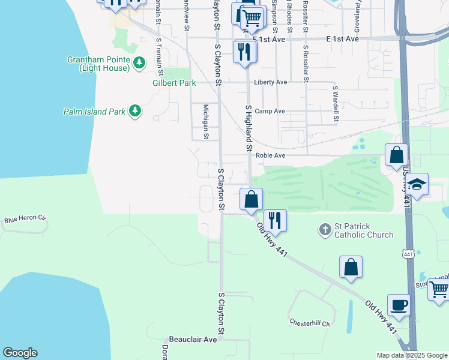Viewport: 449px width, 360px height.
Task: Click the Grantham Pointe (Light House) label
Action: pos(99,64)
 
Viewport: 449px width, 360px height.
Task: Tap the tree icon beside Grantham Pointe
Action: pos(139,62)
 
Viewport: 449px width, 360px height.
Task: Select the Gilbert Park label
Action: pos(174,83)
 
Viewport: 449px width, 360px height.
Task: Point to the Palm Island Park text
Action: pos(94,112)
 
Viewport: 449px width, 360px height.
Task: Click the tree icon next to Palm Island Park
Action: pos(135,110)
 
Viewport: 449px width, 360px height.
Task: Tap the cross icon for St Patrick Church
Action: pos(325,229)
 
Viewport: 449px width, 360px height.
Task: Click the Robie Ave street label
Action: pos(270,155)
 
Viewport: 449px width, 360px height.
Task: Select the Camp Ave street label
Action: pos(270,112)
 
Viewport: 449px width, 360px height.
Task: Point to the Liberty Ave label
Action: pos(271,82)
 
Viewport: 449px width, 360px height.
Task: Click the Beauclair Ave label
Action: pos(192,340)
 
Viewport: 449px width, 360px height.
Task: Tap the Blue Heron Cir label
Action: pos(25,220)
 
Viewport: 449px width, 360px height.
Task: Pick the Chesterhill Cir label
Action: pos(310,323)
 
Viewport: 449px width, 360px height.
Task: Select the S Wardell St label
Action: pos(336,103)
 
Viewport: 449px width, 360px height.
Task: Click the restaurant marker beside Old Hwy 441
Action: pos(275,220)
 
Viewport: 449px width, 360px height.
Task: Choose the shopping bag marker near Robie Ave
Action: pos(396,155)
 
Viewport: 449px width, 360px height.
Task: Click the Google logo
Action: pos(20,353)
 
